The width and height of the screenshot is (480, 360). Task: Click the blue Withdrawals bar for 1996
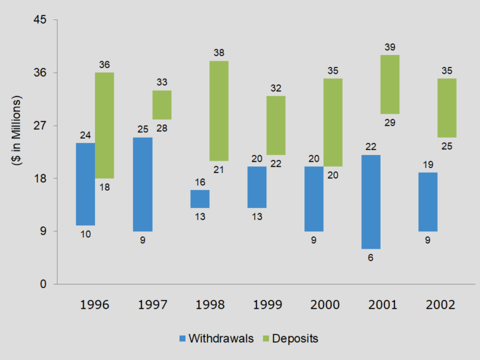pos(86,184)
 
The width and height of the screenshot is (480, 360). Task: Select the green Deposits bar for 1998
pos(219,111)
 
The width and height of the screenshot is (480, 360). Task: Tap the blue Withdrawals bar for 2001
pos(371,201)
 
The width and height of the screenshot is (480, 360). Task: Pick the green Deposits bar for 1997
pos(162,105)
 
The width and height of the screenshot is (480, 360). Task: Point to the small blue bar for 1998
pos(200,199)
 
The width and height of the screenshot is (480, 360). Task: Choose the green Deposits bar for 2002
pos(447,107)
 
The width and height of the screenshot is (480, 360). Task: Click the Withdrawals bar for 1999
pos(257,187)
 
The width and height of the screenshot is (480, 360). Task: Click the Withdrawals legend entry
pos(216,338)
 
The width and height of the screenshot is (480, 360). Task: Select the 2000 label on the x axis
pos(324,305)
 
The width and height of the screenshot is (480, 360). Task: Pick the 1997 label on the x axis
pos(152,305)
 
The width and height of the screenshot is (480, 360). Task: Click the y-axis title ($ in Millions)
pos(17,131)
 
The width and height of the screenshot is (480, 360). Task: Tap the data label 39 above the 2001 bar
pos(390,47)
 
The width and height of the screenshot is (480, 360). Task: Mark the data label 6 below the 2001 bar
pos(371,258)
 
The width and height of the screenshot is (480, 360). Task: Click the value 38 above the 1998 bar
pos(219,52)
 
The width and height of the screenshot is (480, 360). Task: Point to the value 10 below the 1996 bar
pos(86,234)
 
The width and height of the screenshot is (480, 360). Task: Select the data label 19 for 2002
pos(428,164)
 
